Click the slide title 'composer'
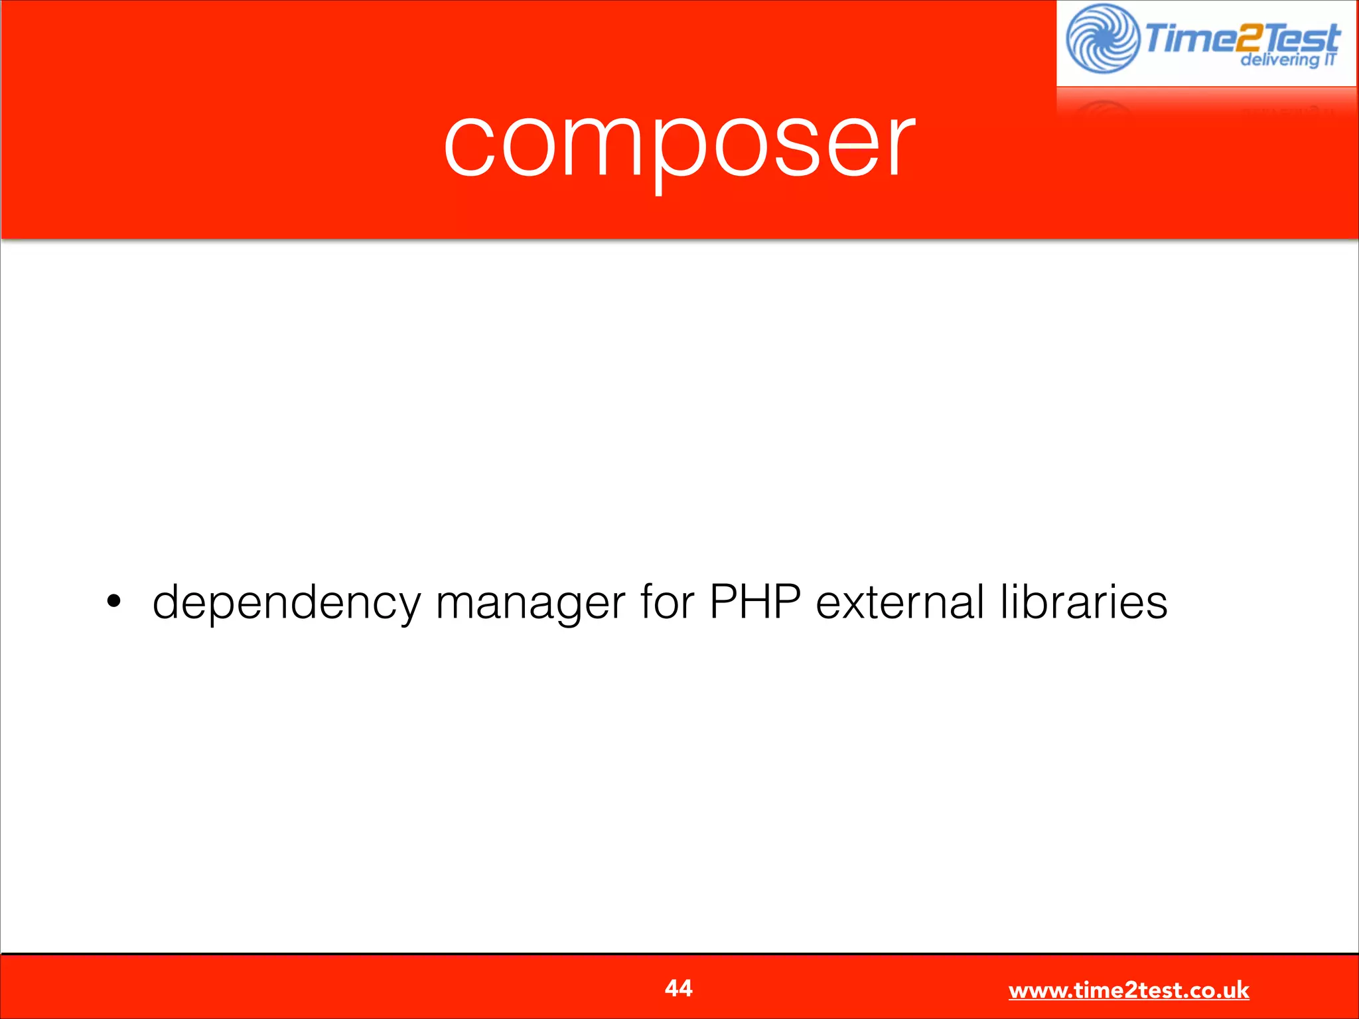[x=679, y=146]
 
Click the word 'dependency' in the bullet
[x=287, y=602]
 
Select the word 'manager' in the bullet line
[x=530, y=602]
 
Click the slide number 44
[x=678, y=988]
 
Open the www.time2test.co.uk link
[x=1129, y=990]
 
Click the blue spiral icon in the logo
[x=1102, y=39]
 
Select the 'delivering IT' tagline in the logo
[x=1287, y=60]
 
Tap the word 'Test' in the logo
[x=1301, y=36]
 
